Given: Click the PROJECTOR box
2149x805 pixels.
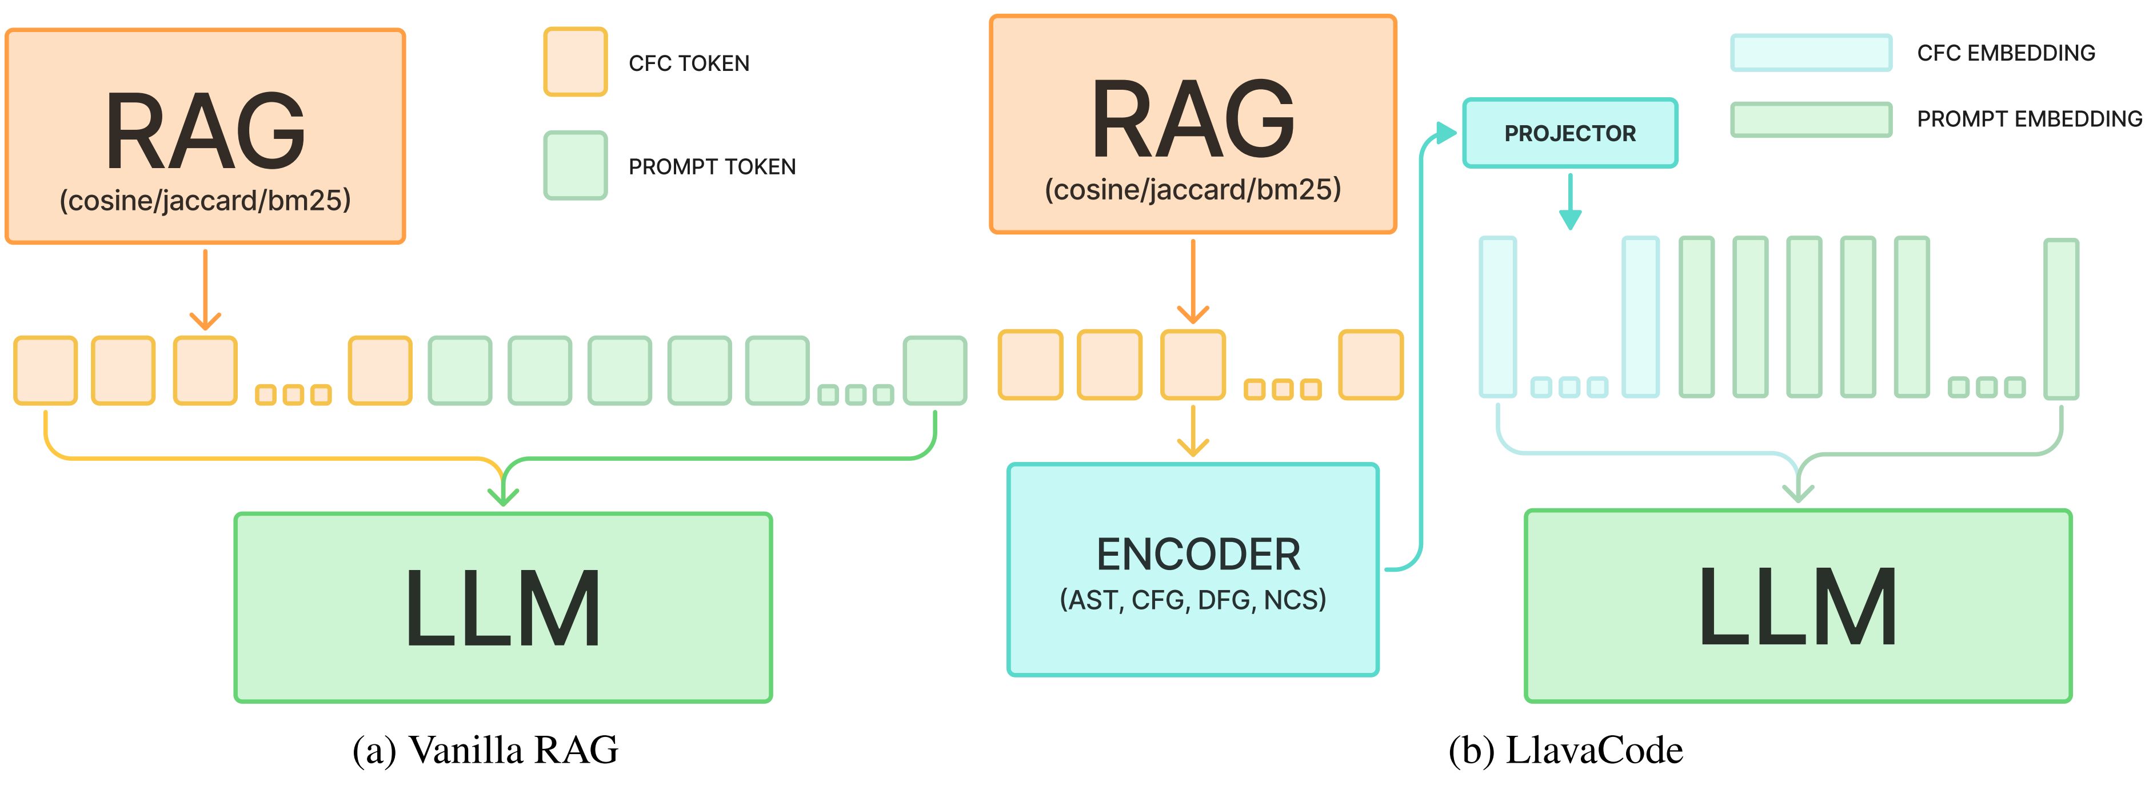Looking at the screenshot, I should [1569, 133].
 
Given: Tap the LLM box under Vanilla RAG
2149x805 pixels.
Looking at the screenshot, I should [503, 607].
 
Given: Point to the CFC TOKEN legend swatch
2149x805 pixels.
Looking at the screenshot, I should [575, 62].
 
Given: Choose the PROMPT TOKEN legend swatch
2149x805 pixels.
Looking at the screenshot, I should [575, 165].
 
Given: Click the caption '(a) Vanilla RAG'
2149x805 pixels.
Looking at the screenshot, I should [486, 750].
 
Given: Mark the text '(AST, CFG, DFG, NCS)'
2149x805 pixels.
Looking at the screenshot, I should [1192, 600].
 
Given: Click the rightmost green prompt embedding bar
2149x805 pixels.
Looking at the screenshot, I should [2060, 318].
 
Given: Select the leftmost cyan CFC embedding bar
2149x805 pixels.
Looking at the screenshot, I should [1497, 317].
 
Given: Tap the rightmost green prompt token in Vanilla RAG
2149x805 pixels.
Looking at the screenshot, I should [935, 370].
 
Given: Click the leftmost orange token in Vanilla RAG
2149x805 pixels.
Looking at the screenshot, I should [45, 370].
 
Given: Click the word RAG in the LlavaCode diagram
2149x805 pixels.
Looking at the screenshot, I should [1192, 118].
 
